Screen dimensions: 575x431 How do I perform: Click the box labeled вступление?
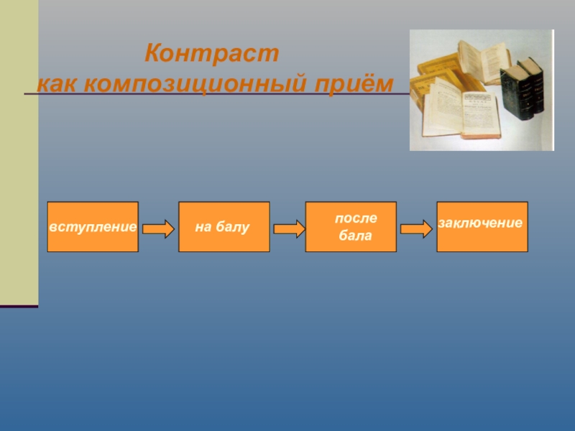pyautogui.click(x=93, y=227)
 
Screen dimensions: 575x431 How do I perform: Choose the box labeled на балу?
pyautogui.click(x=224, y=227)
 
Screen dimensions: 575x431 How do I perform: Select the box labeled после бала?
pyautogui.click(x=351, y=227)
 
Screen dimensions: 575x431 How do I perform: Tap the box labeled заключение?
pyautogui.click(x=482, y=227)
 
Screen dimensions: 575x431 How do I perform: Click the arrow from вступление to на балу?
pyautogui.click(x=158, y=229)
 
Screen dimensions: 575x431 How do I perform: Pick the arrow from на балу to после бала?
pyautogui.click(x=289, y=229)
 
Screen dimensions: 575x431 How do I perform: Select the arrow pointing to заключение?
pyautogui.click(x=416, y=229)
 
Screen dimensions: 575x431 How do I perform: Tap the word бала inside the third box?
pyautogui.click(x=356, y=236)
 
